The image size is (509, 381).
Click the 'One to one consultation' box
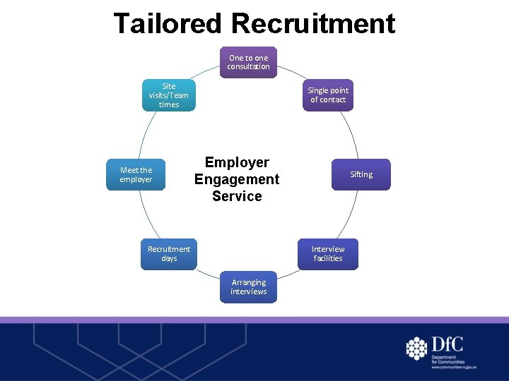[x=248, y=62]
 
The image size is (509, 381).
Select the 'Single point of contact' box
[x=328, y=95]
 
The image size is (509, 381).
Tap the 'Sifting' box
[x=361, y=174]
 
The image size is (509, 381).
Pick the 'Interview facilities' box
[x=328, y=254]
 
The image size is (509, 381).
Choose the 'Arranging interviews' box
[x=248, y=287]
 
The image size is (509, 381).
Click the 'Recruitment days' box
[x=169, y=254]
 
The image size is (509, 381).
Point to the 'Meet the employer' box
[x=136, y=174]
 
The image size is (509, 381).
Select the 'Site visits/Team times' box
[x=169, y=95]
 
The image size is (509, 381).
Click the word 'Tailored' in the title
[x=168, y=23]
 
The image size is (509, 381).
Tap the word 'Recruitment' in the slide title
[x=312, y=23]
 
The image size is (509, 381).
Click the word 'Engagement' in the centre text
[x=237, y=179]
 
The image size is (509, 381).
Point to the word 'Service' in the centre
[x=237, y=196]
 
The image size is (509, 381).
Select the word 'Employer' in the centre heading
[x=237, y=162]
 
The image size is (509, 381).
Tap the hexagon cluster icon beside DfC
[x=417, y=348]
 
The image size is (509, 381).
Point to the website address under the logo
[x=454, y=368]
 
